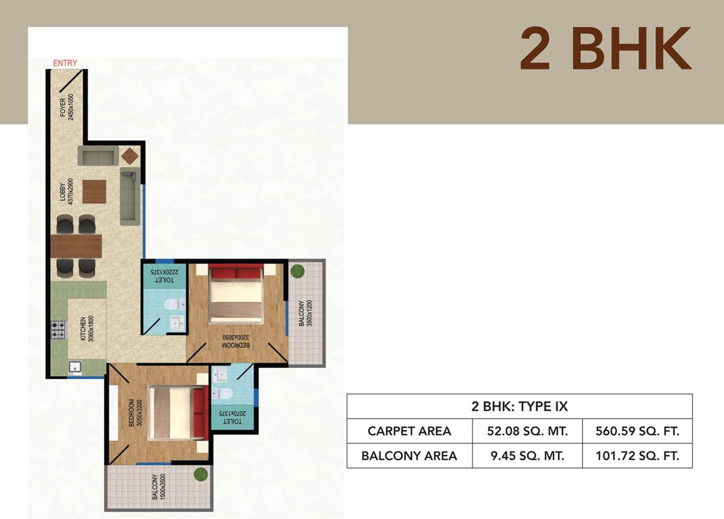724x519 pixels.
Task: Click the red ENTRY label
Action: click(65, 63)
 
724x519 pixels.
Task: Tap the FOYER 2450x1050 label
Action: click(67, 107)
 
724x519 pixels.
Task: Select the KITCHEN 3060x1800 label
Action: click(87, 329)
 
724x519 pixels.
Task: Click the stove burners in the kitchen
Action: click(58, 329)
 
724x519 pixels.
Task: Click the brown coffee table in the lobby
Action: click(94, 191)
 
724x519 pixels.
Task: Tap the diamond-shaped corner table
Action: click(130, 156)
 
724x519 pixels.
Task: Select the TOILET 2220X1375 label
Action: click(165, 276)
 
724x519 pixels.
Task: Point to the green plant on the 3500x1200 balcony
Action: click(297, 271)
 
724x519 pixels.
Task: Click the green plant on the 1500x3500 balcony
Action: click(201, 474)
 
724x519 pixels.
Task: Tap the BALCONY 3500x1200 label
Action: click(305, 313)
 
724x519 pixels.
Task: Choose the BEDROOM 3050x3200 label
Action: click(136, 413)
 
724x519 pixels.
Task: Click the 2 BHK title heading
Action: click(606, 48)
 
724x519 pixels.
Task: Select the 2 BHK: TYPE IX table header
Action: click(520, 406)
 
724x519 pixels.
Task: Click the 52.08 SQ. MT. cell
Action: click(527, 431)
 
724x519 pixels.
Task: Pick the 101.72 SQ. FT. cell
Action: click(637, 456)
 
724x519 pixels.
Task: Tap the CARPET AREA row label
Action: click(409, 431)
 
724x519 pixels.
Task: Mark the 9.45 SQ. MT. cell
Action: click(527, 456)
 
